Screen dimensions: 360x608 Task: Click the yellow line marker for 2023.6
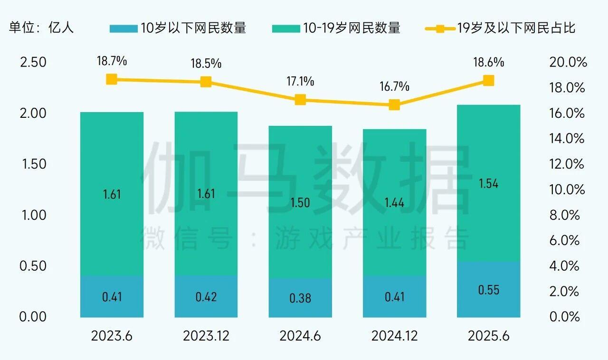[112, 79]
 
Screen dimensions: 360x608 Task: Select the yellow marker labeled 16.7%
[394, 105]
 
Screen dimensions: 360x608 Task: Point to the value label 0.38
[300, 298]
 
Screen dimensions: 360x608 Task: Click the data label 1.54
[488, 184]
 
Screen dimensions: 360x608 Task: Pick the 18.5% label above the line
[206, 63]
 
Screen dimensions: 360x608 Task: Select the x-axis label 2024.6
[300, 336]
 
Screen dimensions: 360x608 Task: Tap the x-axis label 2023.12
[206, 336]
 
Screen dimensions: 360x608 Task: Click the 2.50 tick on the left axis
[33, 62]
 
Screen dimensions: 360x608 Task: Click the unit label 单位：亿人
[42, 28]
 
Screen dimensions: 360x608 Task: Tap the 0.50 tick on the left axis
[33, 265]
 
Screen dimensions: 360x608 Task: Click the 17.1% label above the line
[300, 82]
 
